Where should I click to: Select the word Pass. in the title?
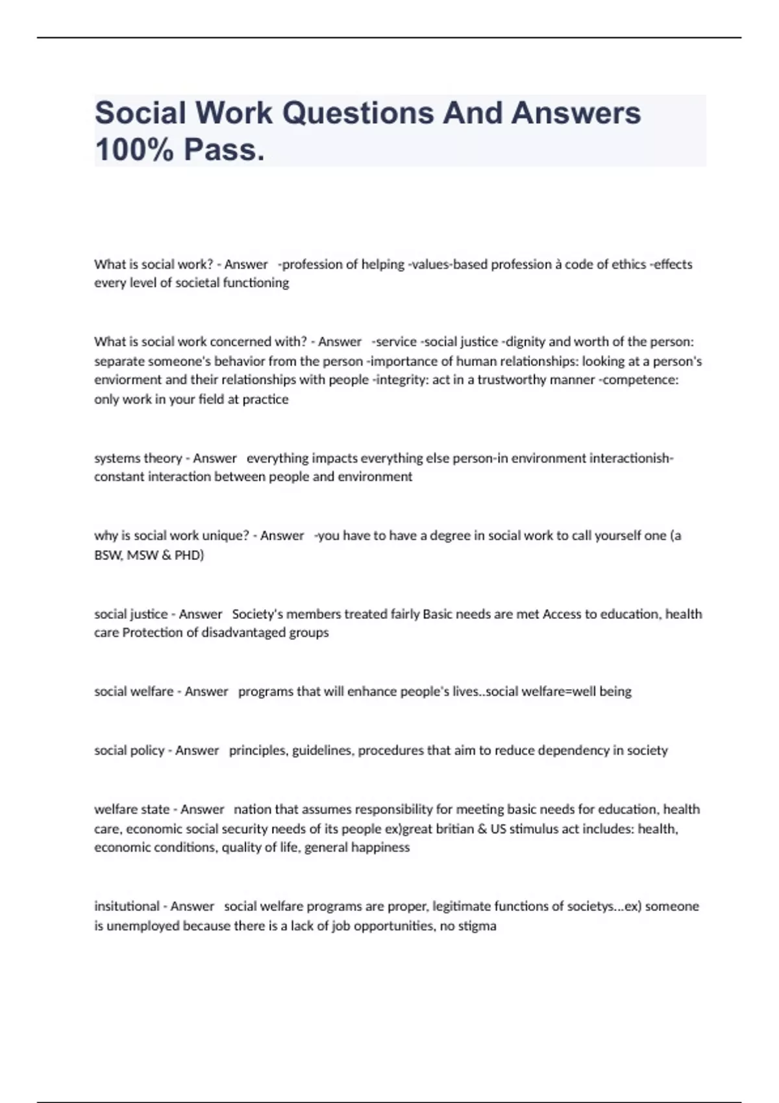[x=225, y=150]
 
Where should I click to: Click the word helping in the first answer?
[x=382, y=264]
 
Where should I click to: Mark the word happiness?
[x=380, y=847]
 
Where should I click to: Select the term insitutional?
[x=128, y=906]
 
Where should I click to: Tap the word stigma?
[x=477, y=926]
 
